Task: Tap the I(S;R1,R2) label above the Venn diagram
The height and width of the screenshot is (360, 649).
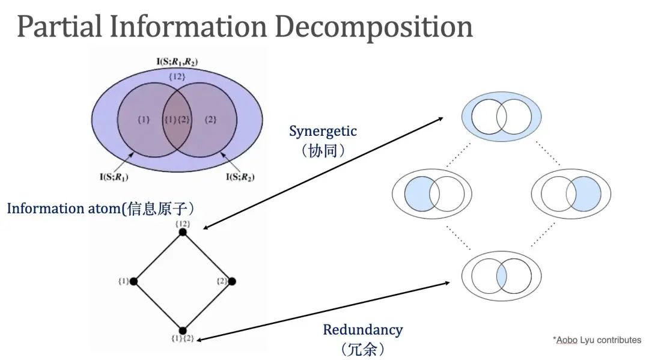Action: pos(177,61)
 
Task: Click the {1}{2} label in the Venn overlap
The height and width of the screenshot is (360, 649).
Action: pos(177,120)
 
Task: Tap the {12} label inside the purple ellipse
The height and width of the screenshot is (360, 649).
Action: pos(177,77)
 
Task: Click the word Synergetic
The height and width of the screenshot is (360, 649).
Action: pos(323,131)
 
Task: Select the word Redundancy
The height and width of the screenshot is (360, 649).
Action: pos(362,329)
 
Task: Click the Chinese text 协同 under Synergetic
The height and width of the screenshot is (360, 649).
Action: pos(324,150)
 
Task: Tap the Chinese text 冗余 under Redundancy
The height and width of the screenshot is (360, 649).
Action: pos(362,348)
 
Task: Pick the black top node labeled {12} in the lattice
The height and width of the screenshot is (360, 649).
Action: pos(183,232)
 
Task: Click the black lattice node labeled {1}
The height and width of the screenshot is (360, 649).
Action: pos(133,281)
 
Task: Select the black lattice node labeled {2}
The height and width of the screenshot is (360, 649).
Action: pos(232,281)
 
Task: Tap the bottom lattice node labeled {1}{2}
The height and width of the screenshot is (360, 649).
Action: pos(183,330)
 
